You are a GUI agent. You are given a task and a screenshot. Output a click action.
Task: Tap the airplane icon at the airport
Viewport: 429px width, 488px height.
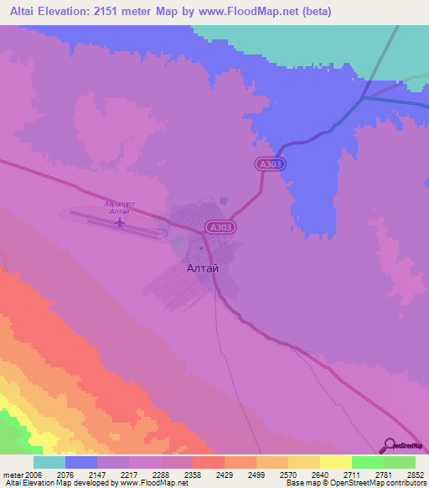121,223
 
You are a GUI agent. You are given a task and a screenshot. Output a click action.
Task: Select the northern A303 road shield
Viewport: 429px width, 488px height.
271,166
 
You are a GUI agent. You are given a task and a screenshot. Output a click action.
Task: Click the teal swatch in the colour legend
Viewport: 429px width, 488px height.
49,462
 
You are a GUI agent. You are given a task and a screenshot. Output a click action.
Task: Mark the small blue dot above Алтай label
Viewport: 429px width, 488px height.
201,248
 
